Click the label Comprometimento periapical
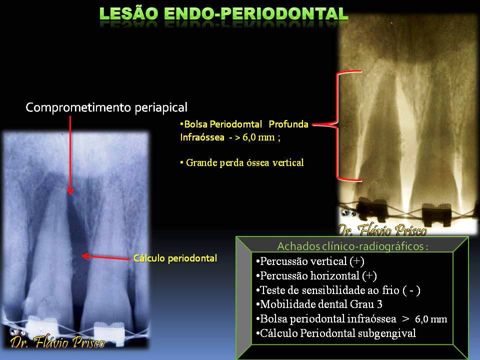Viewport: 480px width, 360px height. click(x=106, y=107)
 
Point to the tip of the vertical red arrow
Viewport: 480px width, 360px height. click(x=70, y=193)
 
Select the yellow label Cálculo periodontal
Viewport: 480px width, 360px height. click(x=175, y=258)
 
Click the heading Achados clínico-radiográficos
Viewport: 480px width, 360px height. click(x=352, y=246)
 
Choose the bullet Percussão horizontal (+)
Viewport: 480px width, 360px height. click(x=315, y=275)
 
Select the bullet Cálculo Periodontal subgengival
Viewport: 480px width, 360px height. click(x=334, y=333)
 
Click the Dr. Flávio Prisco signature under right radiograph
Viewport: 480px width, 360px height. click(x=382, y=230)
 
